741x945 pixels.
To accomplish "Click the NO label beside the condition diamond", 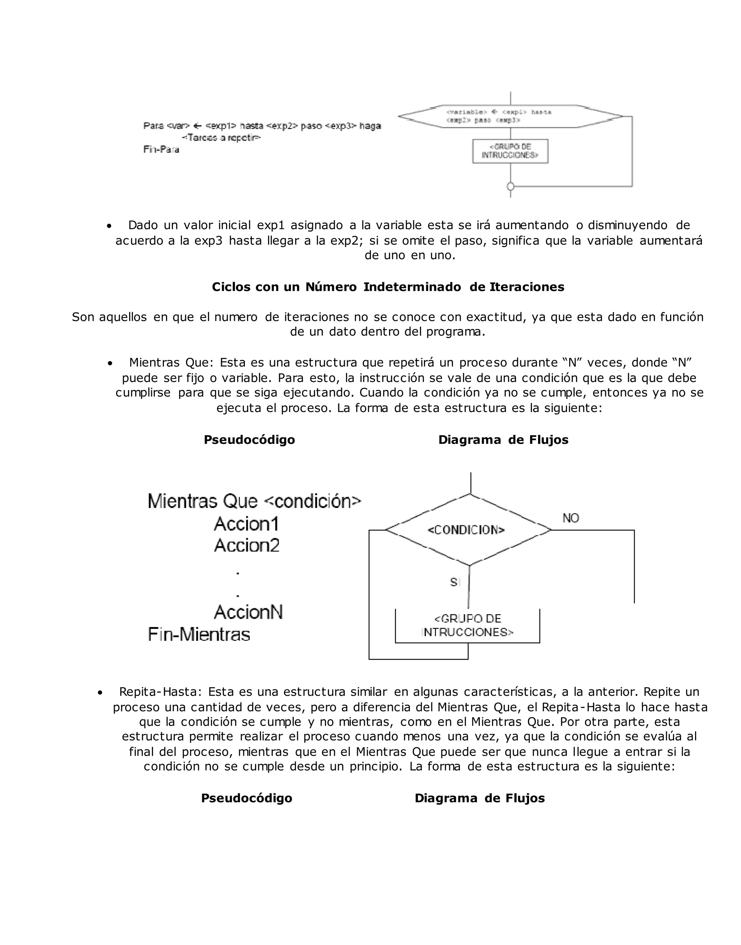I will (x=571, y=518).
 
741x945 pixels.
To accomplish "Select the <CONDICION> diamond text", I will (x=466, y=530).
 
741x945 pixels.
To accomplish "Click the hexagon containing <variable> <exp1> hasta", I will (x=510, y=116).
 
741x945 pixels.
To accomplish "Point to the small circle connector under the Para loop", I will (x=511, y=187).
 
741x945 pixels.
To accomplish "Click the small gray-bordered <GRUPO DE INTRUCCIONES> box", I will (x=510, y=151).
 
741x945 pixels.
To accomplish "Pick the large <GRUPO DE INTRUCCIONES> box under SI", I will (x=467, y=626).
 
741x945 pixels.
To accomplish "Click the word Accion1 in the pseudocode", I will (x=246, y=524).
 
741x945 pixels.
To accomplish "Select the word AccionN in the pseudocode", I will (x=248, y=613).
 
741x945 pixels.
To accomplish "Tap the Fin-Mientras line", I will (x=199, y=635).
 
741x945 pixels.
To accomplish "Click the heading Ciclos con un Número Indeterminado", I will (x=388, y=287).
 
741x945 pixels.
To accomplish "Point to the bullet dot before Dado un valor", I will (x=109, y=226).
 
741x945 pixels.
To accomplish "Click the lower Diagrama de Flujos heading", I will (x=479, y=798).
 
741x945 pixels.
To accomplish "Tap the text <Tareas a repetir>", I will (x=221, y=138).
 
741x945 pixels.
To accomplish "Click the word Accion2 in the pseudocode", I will (x=247, y=546).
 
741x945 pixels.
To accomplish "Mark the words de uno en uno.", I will (x=410, y=255).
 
